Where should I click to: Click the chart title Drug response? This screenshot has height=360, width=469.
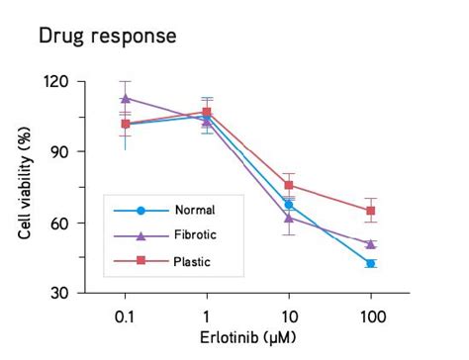(x=107, y=37)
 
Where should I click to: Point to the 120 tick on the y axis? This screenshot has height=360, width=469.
(x=60, y=81)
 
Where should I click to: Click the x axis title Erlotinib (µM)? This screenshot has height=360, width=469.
(x=246, y=337)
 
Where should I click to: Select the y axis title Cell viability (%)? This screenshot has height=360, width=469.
(x=26, y=188)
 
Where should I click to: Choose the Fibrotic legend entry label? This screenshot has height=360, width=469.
(x=195, y=235)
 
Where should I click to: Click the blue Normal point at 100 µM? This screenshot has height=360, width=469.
(x=371, y=263)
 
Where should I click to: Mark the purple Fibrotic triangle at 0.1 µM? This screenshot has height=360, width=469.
(x=125, y=98)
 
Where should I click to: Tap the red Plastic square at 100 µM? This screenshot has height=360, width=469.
(x=371, y=211)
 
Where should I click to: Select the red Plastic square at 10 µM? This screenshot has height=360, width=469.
(x=289, y=185)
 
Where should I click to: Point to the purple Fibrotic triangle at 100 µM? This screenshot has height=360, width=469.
(x=371, y=243)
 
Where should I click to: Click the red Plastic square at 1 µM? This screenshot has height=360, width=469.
(x=207, y=113)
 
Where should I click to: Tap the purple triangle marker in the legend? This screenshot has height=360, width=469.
(x=141, y=235)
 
